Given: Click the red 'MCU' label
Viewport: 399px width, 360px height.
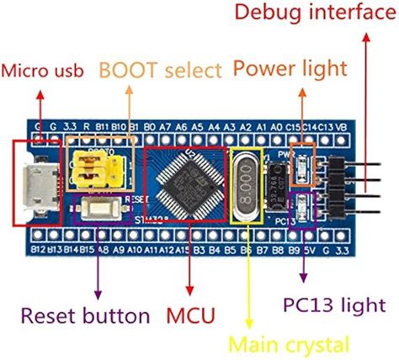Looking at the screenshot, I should (190, 316).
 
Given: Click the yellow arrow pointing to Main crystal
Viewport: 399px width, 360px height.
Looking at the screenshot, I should (248, 286).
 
